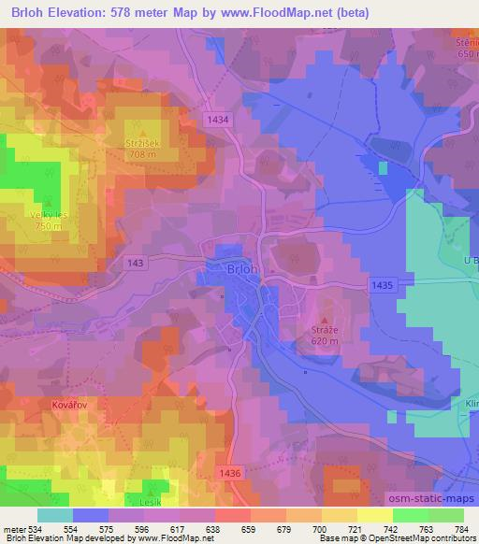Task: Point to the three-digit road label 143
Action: pos(134,265)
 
